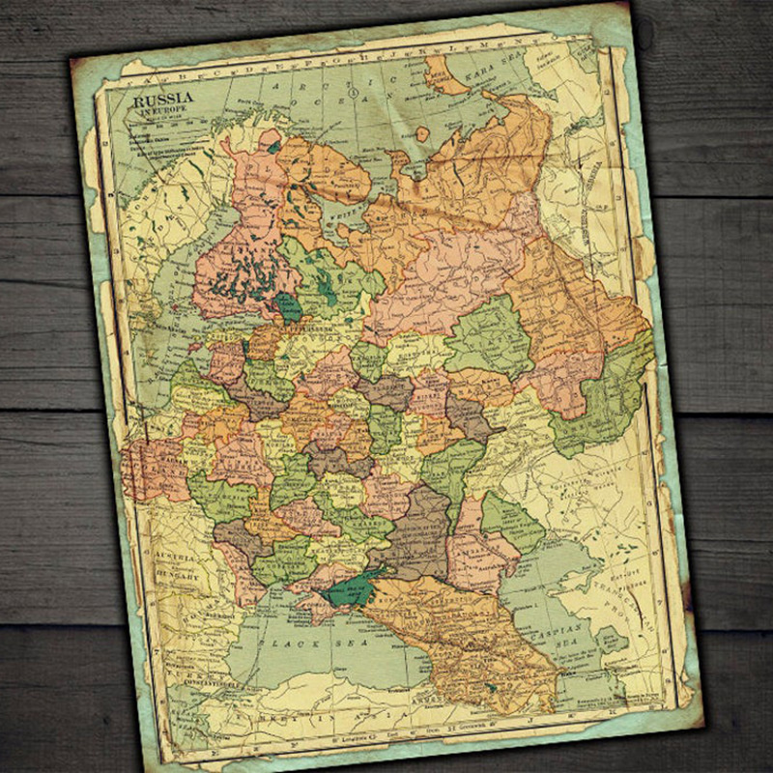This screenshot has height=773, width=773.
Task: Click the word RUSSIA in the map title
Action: (x=162, y=99)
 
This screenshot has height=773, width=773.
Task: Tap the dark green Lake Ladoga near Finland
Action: (x=288, y=307)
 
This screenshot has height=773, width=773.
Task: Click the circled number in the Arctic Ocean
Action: (x=356, y=94)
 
